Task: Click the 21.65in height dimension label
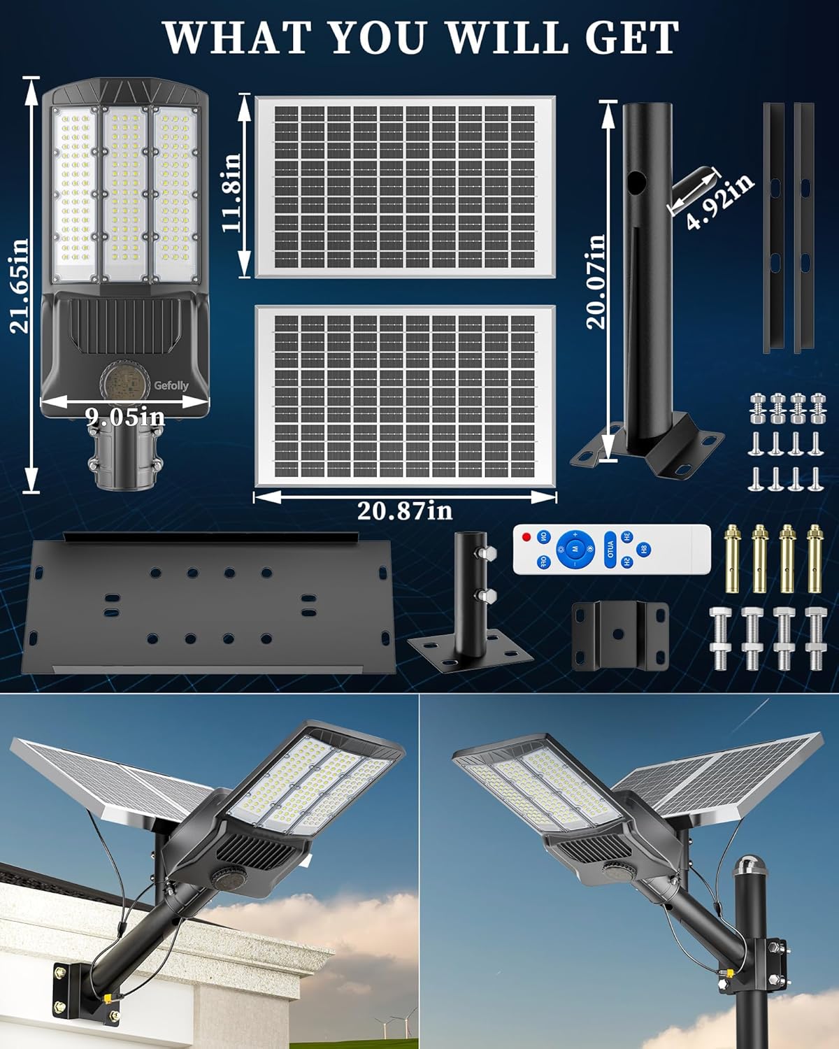pyautogui.click(x=21, y=285)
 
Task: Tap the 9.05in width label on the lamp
pyautogui.click(x=125, y=418)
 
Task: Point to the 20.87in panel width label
pyautogui.click(x=405, y=511)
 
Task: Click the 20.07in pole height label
pyautogui.click(x=596, y=281)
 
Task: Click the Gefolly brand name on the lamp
pyautogui.click(x=171, y=385)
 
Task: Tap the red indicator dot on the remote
pyautogui.click(x=526, y=536)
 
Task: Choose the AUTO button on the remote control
pyautogui.click(x=609, y=546)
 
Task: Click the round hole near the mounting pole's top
pyautogui.click(x=636, y=184)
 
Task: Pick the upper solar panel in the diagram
pyautogui.click(x=405, y=187)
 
